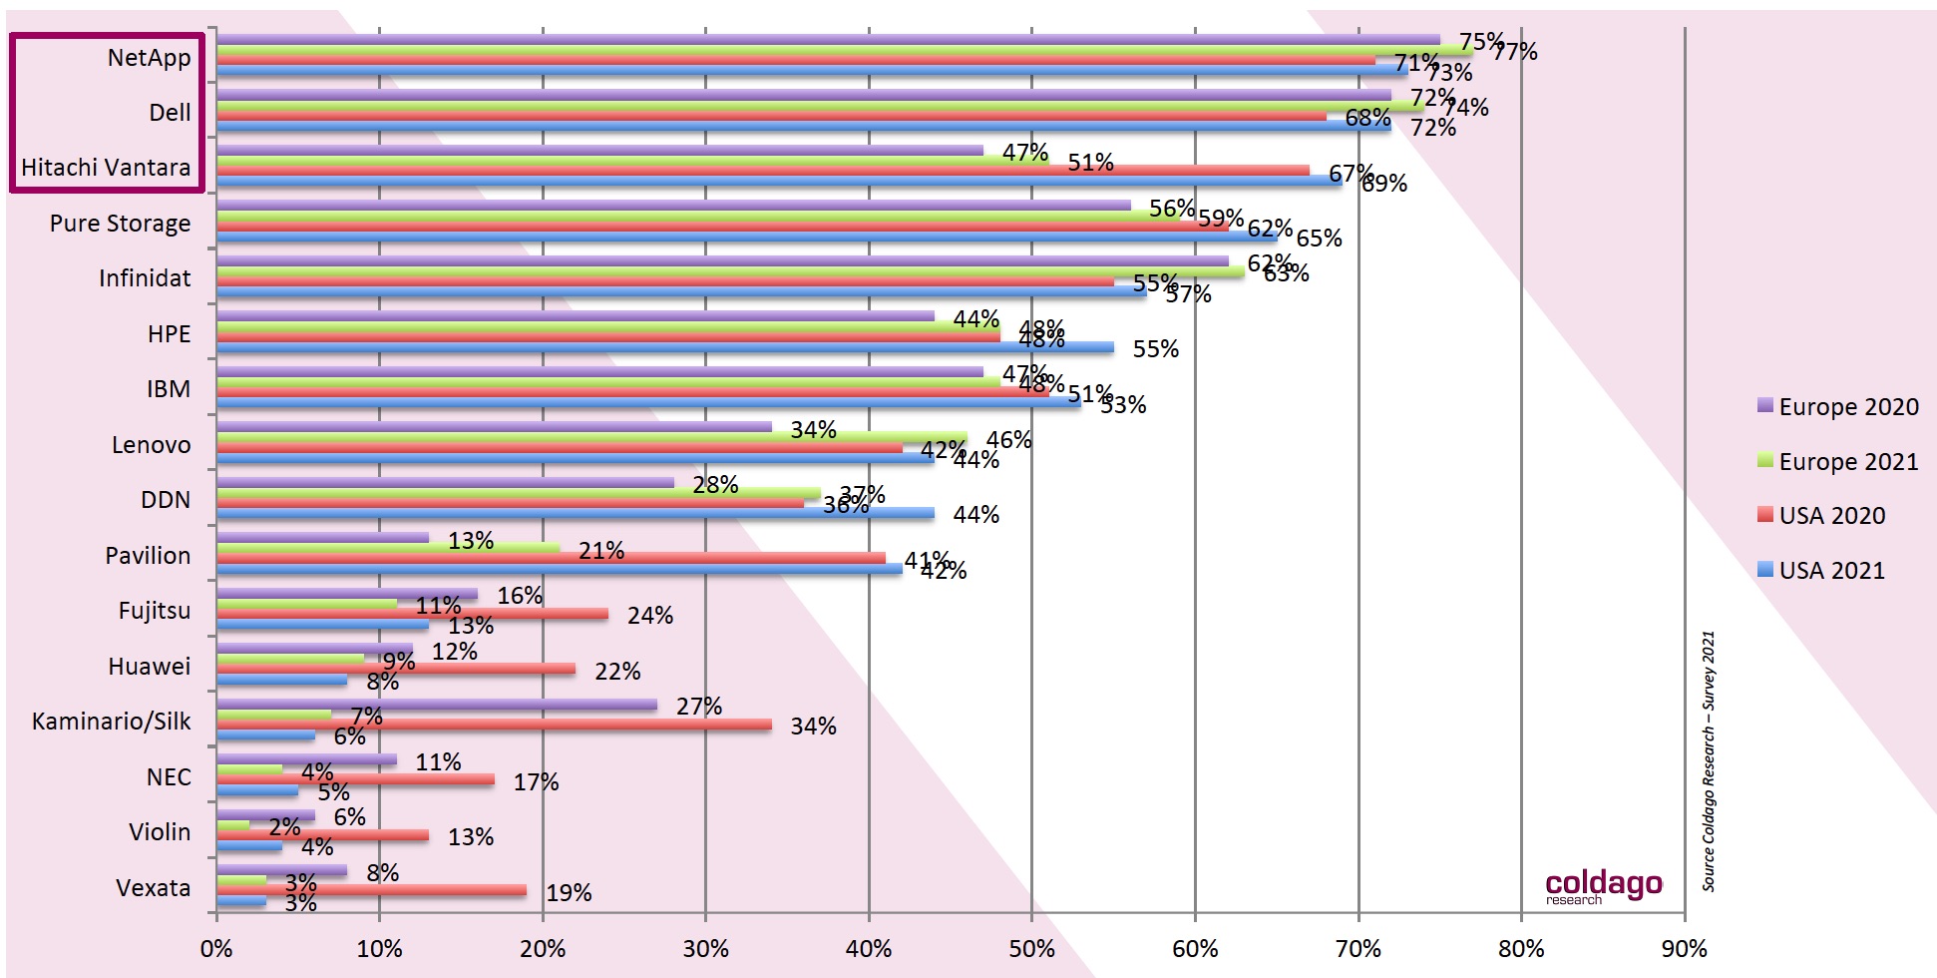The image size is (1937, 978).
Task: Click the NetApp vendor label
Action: pyautogui.click(x=149, y=58)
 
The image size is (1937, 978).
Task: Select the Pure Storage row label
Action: pyautogui.click(x=120, y=224)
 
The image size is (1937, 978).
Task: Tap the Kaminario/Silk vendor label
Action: pyautogui.click(x=111, y=722)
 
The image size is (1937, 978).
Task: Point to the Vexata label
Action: pyautogui.click(x=153, y=888)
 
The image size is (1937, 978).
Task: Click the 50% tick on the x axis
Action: pyautogui.click(x=1031, y=949)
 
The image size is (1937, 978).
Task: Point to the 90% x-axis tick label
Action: pyautogui.click(x=1684, y=949)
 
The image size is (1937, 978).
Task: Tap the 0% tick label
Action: pyautogui.click(x=216, y=949)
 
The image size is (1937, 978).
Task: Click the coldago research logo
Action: pyautogui.click(x=1603, y=886)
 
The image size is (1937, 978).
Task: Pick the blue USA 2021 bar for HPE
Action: pyautogui.click(x=664, y=347)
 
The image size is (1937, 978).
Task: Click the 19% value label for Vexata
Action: pyautogui.click(x=569, y=893)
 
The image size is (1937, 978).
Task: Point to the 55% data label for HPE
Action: pyautogui.click(x=1155, y=349)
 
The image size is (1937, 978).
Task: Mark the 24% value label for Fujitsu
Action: pyautogui.click(x=649, y=616)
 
